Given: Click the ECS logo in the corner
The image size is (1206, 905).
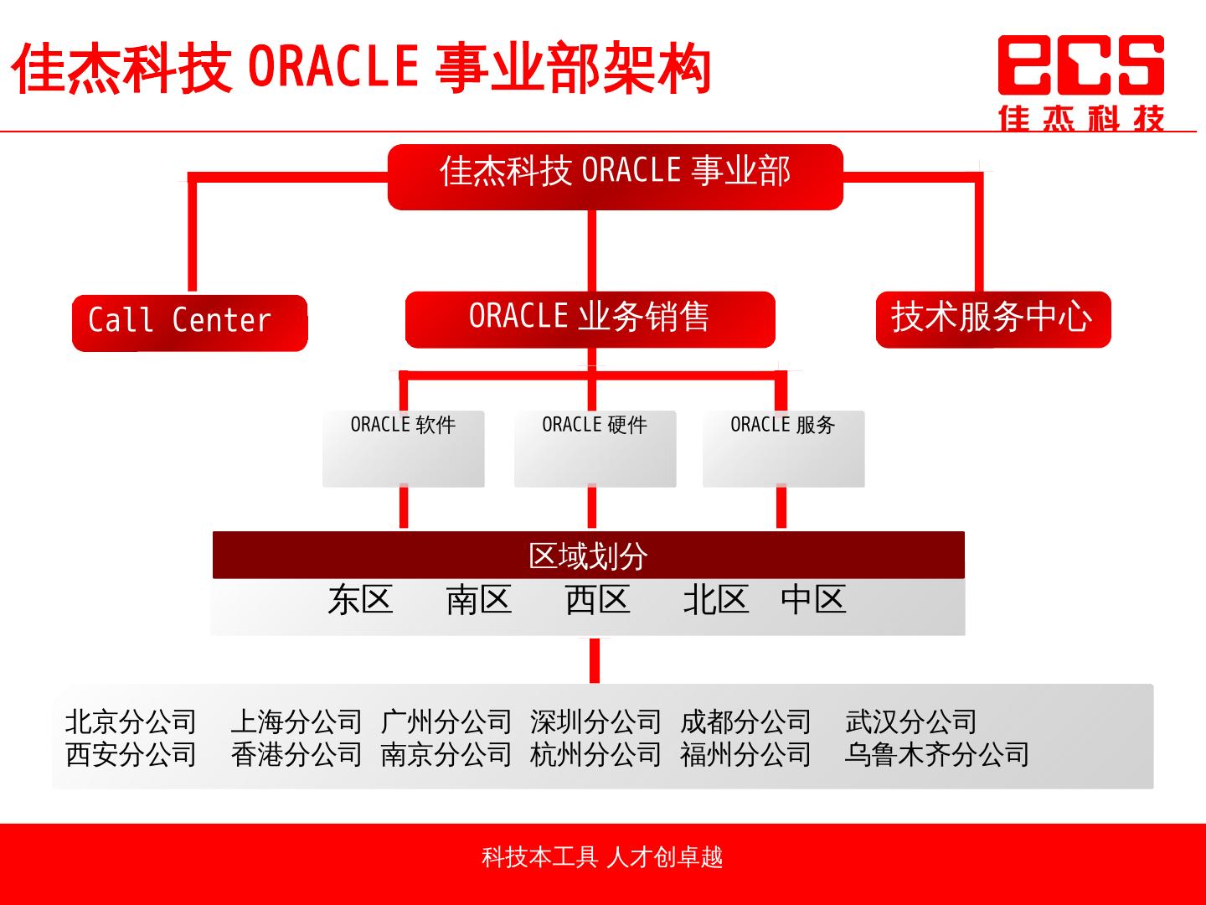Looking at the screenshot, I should coord(1080,81).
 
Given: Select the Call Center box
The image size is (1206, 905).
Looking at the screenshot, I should coord(189,322).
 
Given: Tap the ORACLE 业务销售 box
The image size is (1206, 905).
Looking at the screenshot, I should coord(590,318).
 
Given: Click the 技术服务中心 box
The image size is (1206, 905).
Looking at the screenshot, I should coord(992,318).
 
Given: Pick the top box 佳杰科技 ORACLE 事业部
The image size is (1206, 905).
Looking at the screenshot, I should coord(615,176).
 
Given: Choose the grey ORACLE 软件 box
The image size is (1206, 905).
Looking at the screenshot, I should coord(403,448).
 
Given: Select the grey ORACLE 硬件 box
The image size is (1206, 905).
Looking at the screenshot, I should coord(595,448).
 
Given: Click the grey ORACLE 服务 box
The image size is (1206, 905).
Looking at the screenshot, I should coord(783,448).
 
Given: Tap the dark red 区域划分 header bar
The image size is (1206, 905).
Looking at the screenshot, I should coord(588,556).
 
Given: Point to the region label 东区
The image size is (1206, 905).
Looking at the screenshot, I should coord(360,600).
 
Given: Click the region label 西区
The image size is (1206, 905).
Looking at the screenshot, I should coord(597,600).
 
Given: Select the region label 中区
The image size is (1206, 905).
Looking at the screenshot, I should coord(813,600).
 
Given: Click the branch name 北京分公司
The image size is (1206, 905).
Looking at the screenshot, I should coord(131,721).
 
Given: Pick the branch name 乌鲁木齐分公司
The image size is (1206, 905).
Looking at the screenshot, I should coord(936,754).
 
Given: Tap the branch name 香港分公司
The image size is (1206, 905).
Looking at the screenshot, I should coord(296,754).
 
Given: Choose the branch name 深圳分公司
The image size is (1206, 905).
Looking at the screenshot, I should coord(595,721).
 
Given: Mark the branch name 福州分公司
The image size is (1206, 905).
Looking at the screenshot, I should coord(745,754).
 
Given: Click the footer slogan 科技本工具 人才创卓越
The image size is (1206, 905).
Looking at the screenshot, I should coord(602,857).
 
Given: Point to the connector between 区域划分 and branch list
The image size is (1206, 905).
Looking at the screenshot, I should coord(594,660).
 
